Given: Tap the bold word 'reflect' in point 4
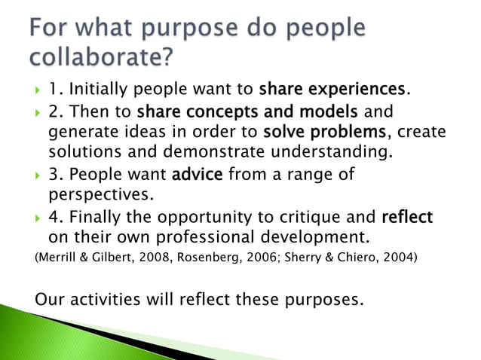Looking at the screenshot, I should pyautogui.click(x=407, y=218).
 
